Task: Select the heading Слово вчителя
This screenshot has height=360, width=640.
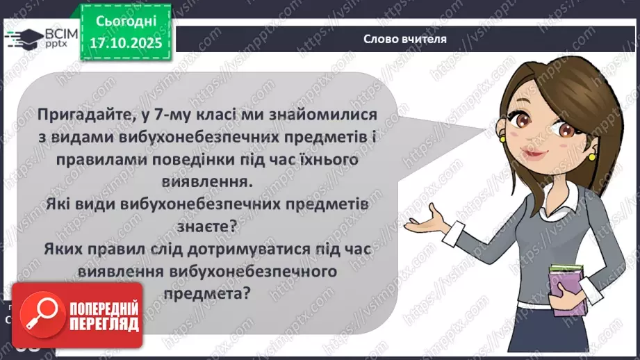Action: [404, 39]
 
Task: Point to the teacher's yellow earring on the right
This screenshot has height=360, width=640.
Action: [591, 156]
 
